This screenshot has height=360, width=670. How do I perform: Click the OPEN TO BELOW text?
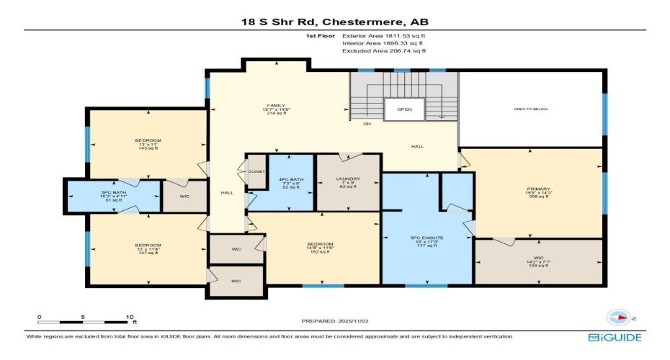coord(530,109)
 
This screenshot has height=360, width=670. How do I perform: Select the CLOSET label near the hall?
coord(256,172)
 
